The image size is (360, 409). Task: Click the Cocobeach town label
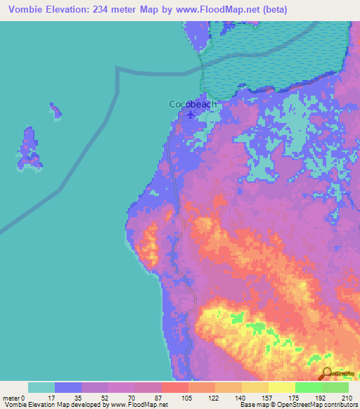(x=193, y=104)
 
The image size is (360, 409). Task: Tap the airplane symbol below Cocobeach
(x=191, y=115)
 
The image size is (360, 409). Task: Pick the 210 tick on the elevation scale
(x=348, y=398)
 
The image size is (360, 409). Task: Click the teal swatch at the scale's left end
(x=41, y=388)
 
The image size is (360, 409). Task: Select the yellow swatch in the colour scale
(x=281, y=388)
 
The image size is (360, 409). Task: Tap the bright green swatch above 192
(x=308, y=388)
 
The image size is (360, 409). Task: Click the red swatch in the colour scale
(x=174, y=388)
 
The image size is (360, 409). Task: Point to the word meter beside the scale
(x=11, y=398)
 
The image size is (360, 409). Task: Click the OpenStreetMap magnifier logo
(x=328, y=374)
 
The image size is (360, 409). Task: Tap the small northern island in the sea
(x=54, y=110)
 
